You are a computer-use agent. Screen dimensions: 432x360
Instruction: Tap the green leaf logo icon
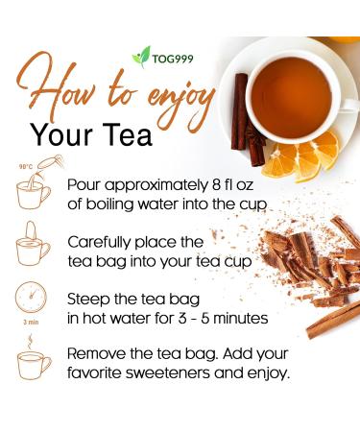coord(141,56)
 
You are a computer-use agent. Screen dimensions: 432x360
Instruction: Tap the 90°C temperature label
coord(24,167)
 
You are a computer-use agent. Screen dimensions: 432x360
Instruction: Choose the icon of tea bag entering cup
coord(33,249)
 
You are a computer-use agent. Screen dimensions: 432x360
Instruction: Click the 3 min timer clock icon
coord(33,301)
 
